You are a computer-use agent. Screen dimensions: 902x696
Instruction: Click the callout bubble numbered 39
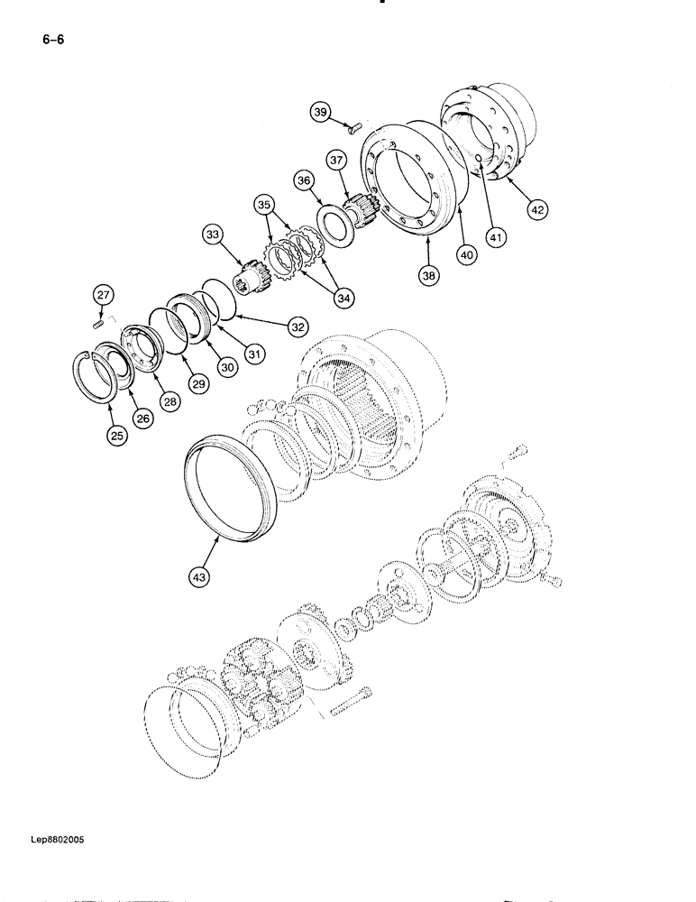point(320,112)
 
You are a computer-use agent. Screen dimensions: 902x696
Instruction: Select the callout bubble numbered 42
point(537,209)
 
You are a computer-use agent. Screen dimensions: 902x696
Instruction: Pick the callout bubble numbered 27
point(102,295)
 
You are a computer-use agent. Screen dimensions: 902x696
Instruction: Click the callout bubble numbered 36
point(304,181)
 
